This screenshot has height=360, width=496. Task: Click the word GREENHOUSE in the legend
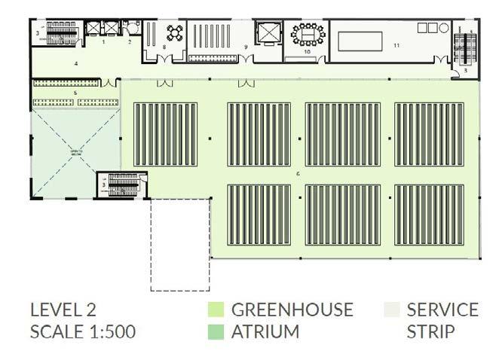click(292, 310)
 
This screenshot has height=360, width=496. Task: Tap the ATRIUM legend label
click(265, 331)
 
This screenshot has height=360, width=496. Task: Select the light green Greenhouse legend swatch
click(216, 310)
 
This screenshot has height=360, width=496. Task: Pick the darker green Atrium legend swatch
click(216, 331)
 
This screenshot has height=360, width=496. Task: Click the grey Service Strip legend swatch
click(390, 310)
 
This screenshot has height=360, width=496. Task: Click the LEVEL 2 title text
click(63, 310)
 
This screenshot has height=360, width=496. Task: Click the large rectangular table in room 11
click(360, 41)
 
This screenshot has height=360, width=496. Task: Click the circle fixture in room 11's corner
click(444, 28)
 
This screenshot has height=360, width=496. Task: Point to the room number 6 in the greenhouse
click(299, 174)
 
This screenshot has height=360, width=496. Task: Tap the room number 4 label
click(76, 64)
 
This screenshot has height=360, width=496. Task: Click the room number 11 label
click(396, 46)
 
